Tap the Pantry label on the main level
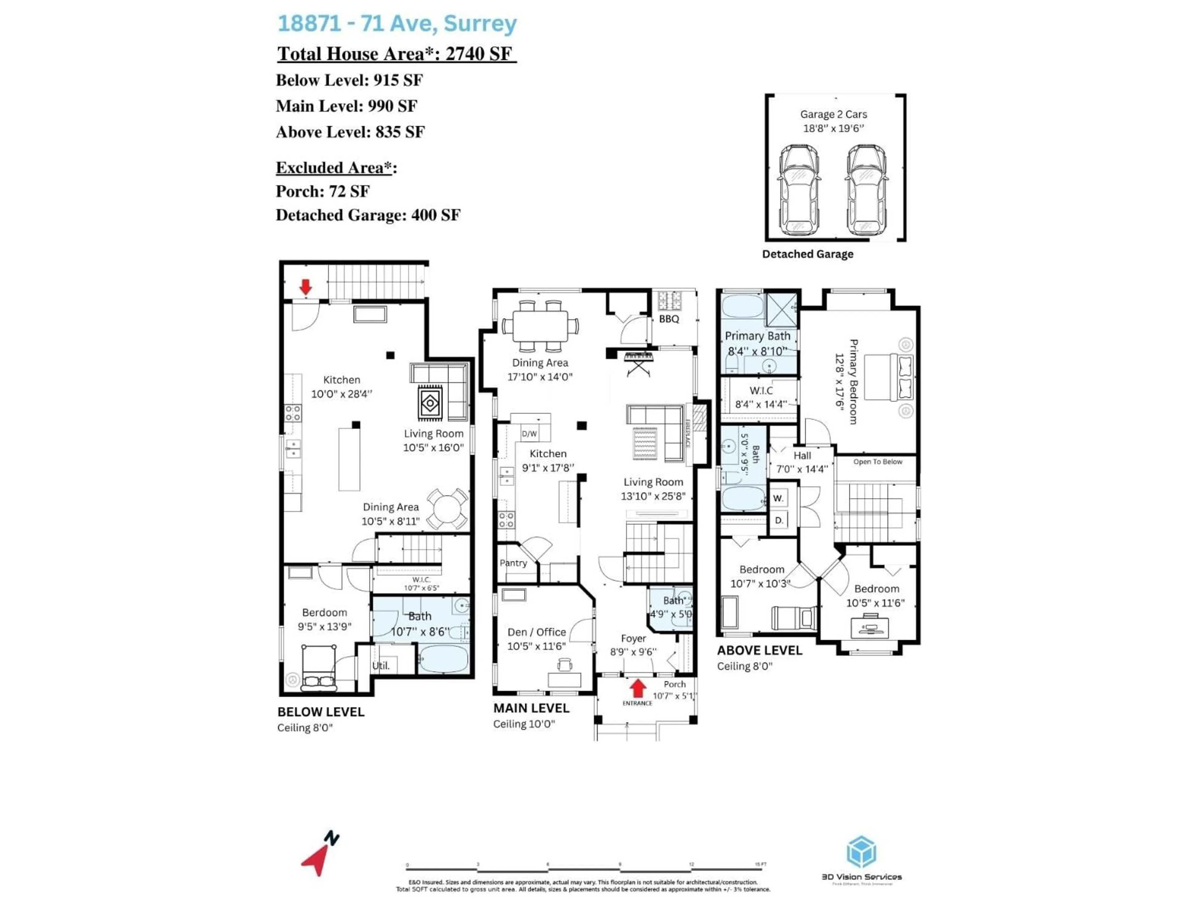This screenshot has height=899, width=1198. tap(513, 563)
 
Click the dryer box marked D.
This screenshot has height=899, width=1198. tap(779, 520)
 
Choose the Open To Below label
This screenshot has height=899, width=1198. tap(877, 462)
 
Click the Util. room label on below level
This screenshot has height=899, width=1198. tap(381, 666)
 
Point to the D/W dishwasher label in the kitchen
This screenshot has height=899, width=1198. tap(529, 434)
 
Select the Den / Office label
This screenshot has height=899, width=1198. tap(536, 632)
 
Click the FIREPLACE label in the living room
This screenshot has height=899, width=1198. tap(688, 434)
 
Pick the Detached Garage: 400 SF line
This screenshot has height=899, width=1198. tap(368, 215)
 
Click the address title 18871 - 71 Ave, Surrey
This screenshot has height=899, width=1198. tap(397, 23)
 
